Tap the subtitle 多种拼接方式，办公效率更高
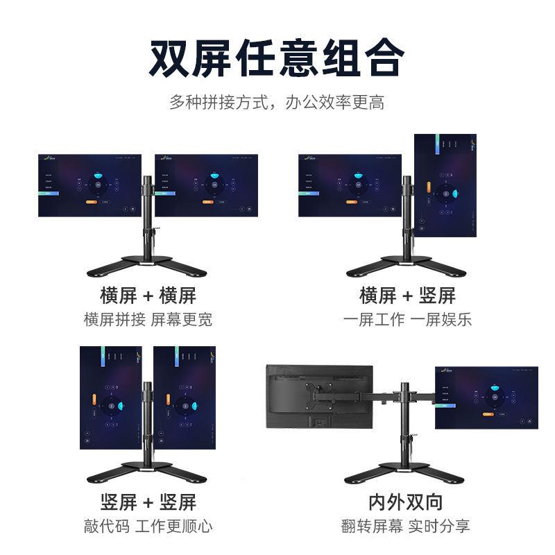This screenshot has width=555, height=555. tap(277, 103)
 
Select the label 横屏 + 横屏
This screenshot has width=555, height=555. tap(148, 296)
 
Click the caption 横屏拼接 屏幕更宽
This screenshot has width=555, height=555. tap(148, 320)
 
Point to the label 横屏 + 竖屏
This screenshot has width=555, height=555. tap(407, 296)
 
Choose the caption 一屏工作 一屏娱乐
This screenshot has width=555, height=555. tap(407, 320)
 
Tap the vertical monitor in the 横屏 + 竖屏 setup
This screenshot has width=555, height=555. tap(445, 186)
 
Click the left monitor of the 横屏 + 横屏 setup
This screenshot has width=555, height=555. tap(89, 185)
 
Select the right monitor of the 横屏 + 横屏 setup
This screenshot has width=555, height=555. tap(206, 185)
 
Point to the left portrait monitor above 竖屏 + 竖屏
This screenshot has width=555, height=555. tap(111, 398)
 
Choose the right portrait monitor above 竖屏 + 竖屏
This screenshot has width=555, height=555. tap(184, 398)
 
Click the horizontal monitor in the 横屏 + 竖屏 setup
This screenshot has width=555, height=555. tap(350, 185)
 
